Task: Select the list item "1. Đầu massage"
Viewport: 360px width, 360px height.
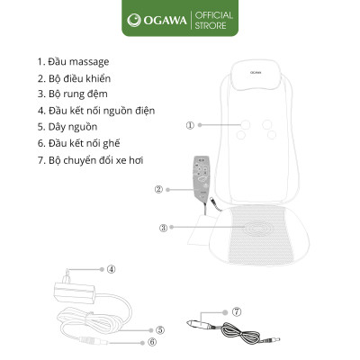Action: pos(73,61)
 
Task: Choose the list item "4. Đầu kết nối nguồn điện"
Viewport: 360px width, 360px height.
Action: pos(96,110)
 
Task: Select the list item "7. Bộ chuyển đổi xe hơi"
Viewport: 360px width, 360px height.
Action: pos(89,158)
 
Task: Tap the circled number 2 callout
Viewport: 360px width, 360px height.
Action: pos(158,189)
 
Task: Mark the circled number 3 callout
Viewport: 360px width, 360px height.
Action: pos(163,228)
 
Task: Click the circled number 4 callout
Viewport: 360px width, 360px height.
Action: pos(111,268)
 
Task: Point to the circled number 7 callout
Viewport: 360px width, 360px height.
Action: pos(237,311)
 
